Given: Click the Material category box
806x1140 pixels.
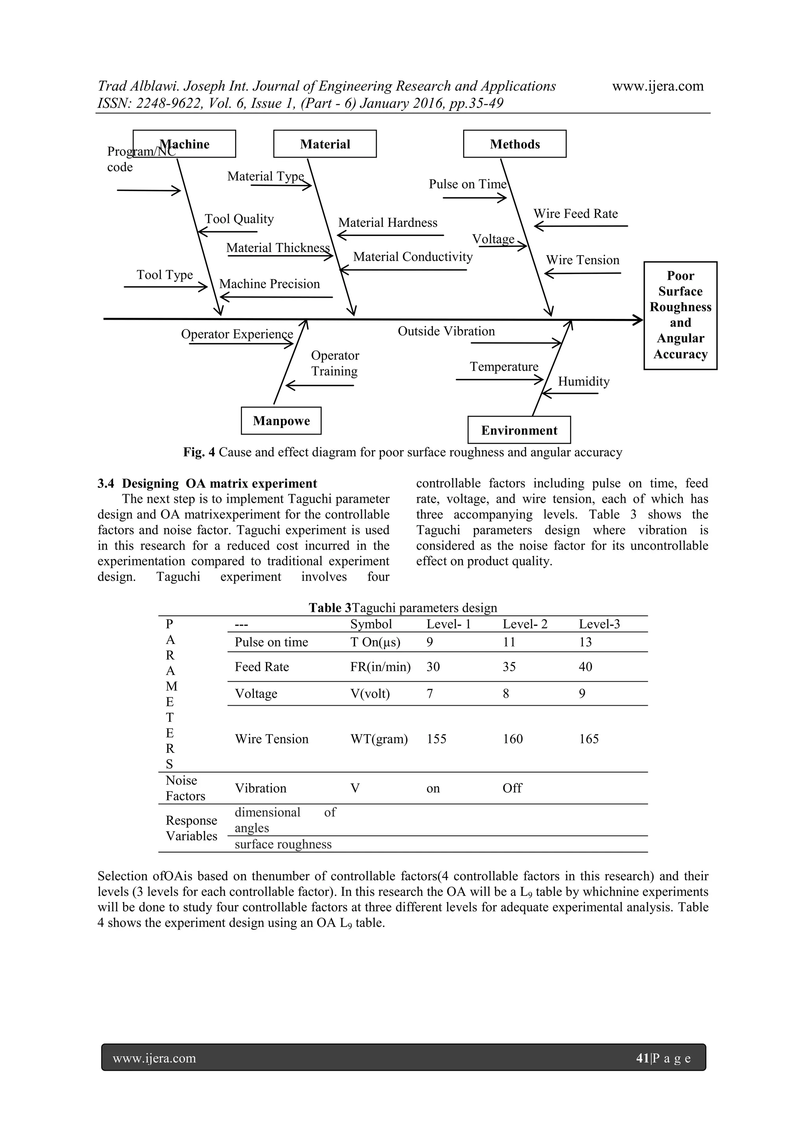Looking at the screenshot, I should point(325,144).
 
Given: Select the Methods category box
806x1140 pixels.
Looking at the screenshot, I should point(515,144).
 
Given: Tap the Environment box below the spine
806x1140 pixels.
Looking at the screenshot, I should point(519,430).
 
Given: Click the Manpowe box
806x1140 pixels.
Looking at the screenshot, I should point(281,421).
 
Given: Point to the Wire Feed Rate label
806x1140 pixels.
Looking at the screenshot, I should point(575,213).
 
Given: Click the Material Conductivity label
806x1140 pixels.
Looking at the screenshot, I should point(412,257).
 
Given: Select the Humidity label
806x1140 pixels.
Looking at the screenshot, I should point(584,381).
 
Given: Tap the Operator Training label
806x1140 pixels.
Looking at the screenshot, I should point(335,363).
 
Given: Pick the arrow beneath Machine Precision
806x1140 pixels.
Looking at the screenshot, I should point(276,297).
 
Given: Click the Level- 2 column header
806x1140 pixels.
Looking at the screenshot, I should point(525,624).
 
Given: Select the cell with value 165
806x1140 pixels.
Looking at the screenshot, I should point(589,739).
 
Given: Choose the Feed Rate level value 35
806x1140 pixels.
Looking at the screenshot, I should point(509,667).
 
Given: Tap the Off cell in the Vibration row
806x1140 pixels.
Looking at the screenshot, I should point(512,788).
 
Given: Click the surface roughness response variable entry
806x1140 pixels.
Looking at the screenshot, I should point(283,844).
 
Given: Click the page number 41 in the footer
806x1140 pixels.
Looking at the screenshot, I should point(642,1058).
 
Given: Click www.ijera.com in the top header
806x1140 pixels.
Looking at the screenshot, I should point(658,86).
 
